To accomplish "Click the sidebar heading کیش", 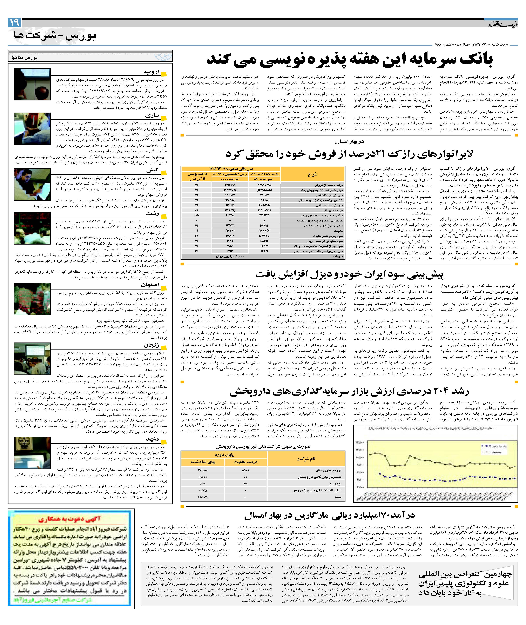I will (x=153, y=170).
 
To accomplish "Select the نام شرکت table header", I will (x=306, y=459).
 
